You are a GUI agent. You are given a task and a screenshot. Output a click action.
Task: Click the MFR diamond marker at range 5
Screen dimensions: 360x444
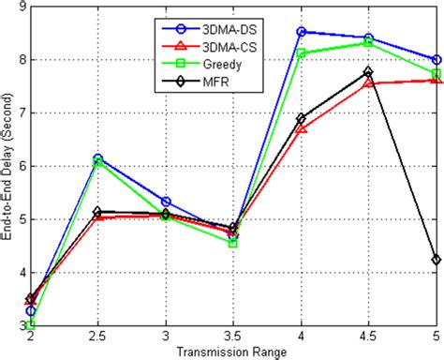point(437,260)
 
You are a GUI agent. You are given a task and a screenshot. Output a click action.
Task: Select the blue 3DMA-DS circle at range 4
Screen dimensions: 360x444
point(301,31)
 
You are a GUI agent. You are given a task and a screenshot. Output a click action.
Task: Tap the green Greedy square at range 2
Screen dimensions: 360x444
point(31,325)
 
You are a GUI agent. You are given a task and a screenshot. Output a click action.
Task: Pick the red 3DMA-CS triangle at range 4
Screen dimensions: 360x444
point(301,128)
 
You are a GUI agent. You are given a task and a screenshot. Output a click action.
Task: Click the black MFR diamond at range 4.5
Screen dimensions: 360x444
point(368,71)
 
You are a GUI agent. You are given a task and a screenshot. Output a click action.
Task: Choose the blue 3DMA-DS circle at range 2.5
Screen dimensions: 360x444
point(97,158)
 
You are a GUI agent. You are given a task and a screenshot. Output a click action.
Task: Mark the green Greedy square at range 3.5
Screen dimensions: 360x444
point(233,243)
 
